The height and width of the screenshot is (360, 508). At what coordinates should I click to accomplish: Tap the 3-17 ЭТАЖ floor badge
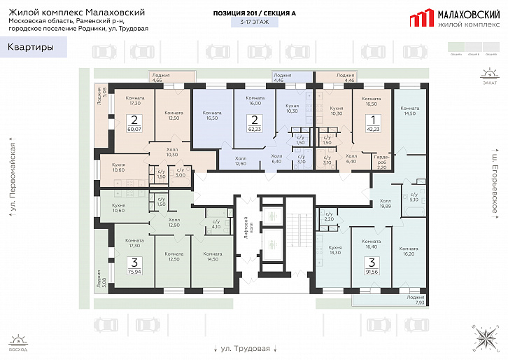click(x=253, y=22)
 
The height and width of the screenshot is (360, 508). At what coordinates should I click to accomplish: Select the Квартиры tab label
click(x=31, y=48)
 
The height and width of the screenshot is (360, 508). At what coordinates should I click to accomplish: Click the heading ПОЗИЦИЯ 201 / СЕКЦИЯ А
click(x=253, y=13)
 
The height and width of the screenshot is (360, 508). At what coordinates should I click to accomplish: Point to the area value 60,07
click(x=134, y=129)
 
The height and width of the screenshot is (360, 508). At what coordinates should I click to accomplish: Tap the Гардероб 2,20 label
click(x=382, y=162)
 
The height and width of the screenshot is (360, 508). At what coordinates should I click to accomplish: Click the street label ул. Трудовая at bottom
click(x=245, y=348)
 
